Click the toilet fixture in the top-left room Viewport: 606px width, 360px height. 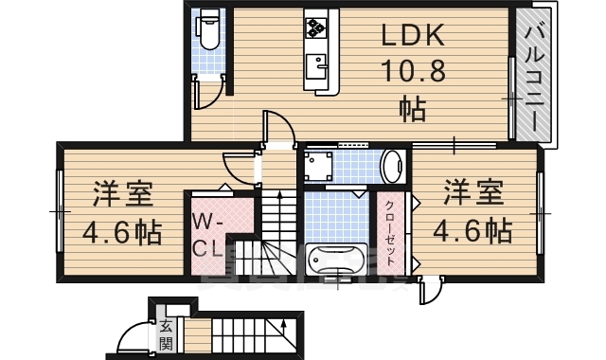[208, 33]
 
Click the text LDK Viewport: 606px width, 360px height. [413, 36]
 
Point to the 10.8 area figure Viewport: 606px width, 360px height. [413, 70]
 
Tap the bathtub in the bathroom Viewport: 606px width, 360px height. [337, 257]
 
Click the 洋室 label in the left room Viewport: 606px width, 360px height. [122, 196]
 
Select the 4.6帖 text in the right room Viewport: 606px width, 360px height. [473, 230]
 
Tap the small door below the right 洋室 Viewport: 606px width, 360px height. [432, 287]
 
